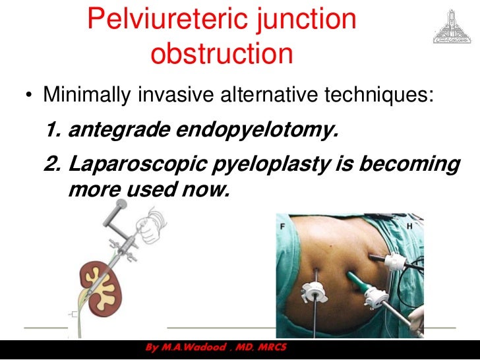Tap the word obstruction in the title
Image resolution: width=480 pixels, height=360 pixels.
click(x=222, y=53)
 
